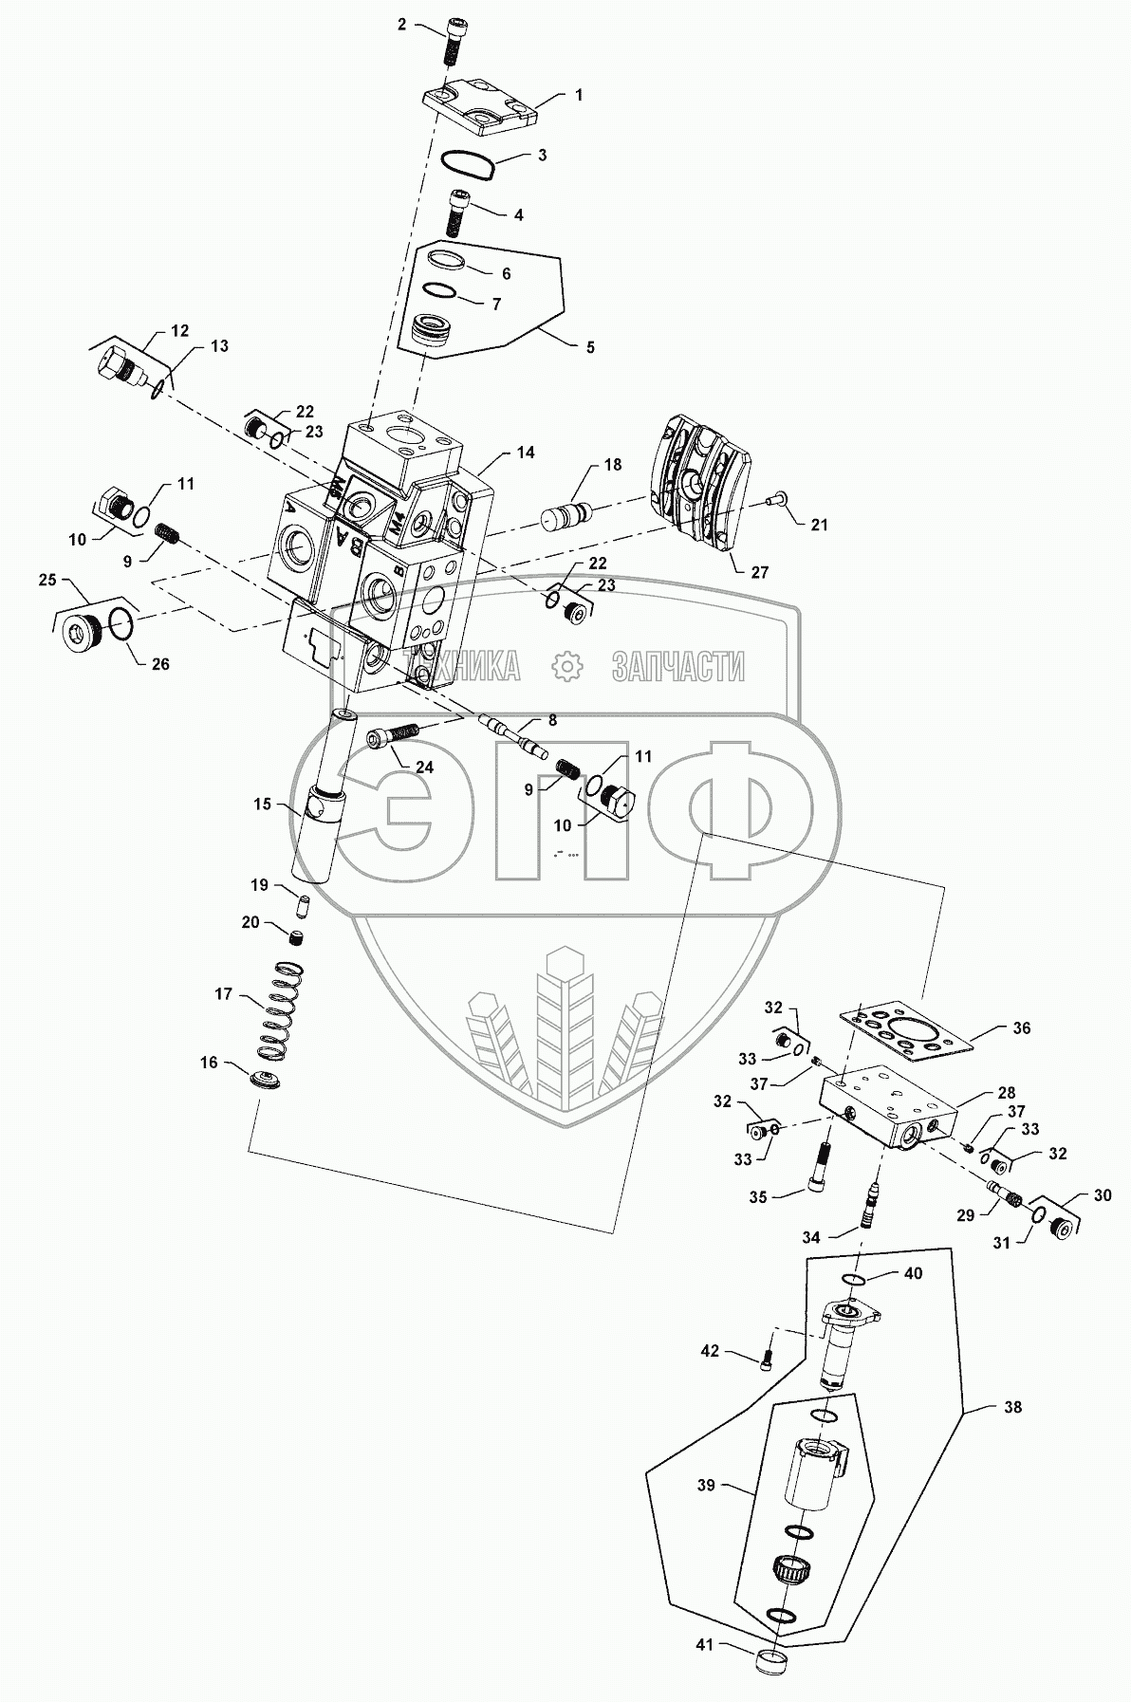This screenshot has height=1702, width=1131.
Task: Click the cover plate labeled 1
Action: pos(480,111)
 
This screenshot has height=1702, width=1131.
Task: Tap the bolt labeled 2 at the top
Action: pos(450,43)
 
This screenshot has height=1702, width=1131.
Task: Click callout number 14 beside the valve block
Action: pos(525,453)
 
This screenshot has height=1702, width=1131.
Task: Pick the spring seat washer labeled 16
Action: pos(269,1080)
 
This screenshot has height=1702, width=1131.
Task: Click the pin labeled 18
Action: pos(566,515)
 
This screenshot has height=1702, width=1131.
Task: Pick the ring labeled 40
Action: pos(854,1283)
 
